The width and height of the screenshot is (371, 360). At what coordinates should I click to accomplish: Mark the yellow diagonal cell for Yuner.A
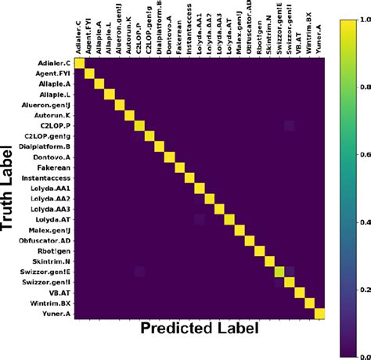point(319,314)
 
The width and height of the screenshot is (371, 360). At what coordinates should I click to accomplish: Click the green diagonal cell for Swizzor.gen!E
point(278,272)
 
